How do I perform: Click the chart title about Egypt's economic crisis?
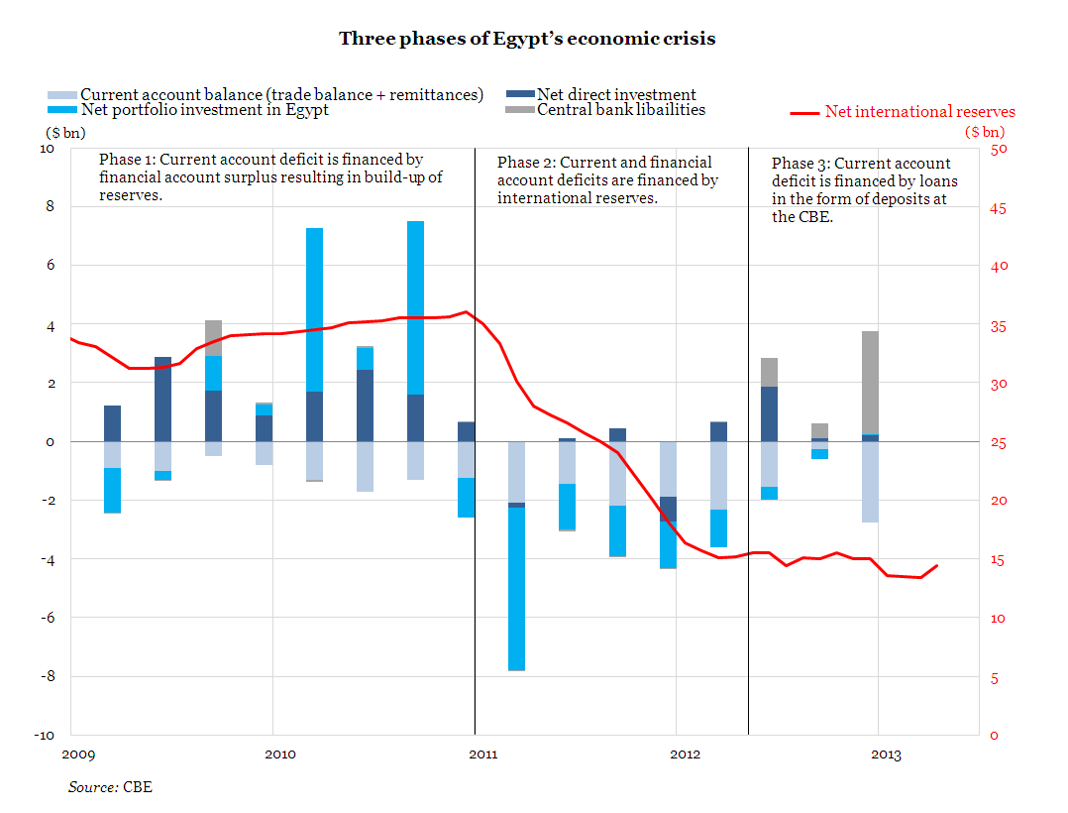[x=526, y=39]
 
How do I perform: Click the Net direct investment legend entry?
[x=615, y=94]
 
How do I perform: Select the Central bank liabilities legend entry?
[x=620, y=110]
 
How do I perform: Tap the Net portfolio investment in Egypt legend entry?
[x=204, y=110]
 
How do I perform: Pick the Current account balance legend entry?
[x=281, y=94]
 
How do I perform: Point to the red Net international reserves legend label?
[x=919, y=112]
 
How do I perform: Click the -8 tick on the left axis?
[x=48, y=677]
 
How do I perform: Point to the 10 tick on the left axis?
[x=48, y=149]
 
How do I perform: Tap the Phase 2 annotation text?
[x=607, y=179]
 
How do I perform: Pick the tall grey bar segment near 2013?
[x=870, y=383]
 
